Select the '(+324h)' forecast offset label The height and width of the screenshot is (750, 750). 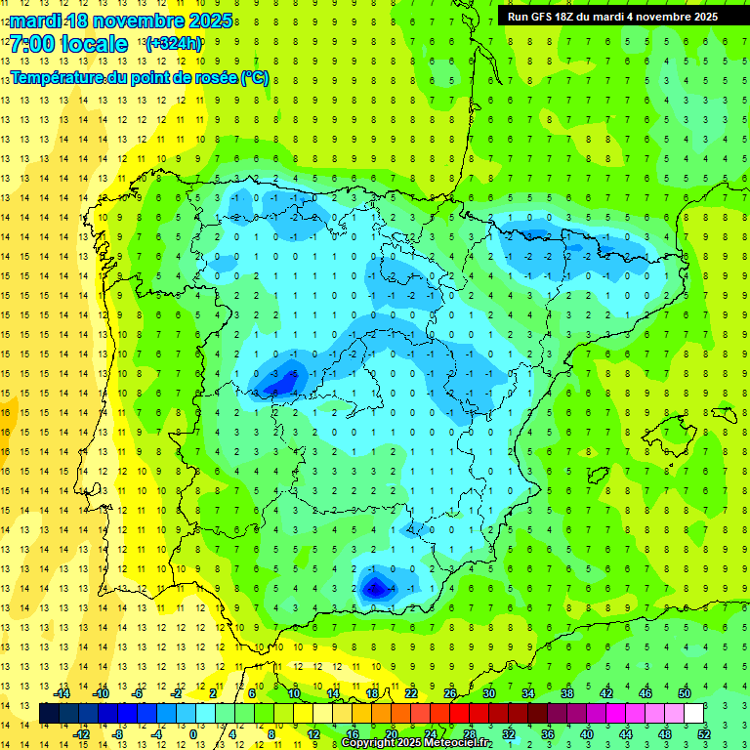tap(173, 44)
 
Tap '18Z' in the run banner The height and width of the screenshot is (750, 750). tap(577, 16)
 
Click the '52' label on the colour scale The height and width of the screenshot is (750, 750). tap(705, 734)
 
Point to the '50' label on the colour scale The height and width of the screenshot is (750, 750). tap(685, 693)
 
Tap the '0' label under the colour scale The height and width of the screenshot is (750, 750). tap(193, 734)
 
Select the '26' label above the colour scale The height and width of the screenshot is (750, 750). tap(450, 693)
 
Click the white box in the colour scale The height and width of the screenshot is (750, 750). tap(694, 714)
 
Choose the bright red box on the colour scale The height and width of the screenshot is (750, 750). tap(460, 714)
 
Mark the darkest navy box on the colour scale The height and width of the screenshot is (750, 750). tap(50, 714)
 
